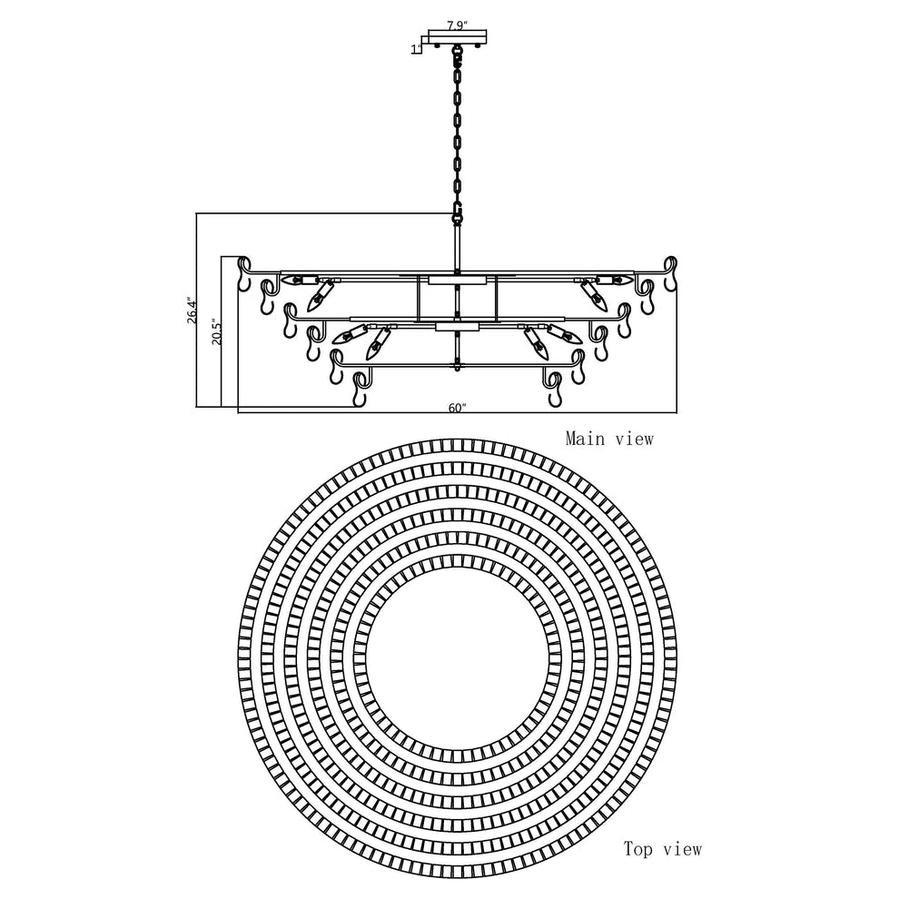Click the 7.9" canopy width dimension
point(458,26)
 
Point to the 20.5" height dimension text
point(214,333)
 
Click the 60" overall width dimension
point(457,408)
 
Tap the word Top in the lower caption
point(638,850)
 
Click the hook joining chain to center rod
point(457,214)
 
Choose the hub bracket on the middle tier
point(457,326)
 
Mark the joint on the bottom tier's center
point(457,366)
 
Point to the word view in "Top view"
point(681,850)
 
